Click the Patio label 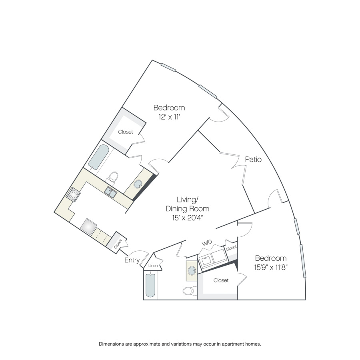253,159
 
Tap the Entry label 132,260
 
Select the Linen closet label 153,266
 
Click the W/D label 207,243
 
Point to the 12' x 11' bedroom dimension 169,117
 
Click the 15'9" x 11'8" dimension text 271,267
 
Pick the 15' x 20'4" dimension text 187,218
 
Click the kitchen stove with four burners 73,194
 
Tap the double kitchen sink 110,192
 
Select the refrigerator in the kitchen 89,227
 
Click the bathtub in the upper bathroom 99,157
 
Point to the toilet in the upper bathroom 112,178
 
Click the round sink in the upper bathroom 138,184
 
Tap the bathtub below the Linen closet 150,285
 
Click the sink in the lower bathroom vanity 192,271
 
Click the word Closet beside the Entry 118,244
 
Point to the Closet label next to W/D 231,248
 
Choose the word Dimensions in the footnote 112,344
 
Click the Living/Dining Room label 187,204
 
